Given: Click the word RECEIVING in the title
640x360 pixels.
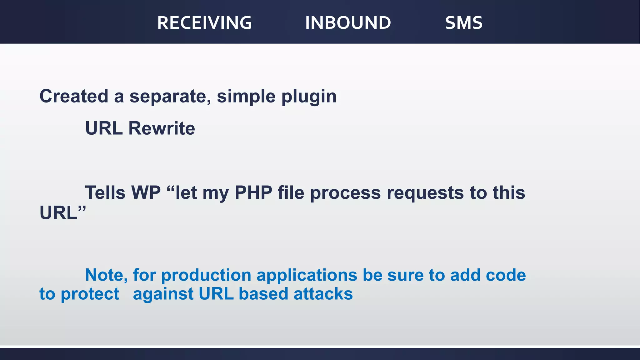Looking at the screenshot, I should point(204,23).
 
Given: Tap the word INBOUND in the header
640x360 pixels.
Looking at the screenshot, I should point(348,23).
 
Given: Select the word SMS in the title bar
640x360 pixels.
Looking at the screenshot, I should point(464,23).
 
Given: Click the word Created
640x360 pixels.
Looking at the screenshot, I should point(74,96).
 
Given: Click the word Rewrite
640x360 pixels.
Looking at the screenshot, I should point(162,128).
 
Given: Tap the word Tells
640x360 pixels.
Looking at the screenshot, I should point(105,192).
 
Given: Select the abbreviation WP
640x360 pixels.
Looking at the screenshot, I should point(146,192).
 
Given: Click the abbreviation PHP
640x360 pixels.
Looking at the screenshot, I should point(253,192).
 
